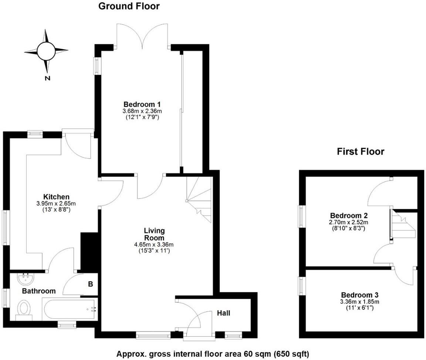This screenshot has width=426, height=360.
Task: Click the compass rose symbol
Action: pyautogui.click(x=46, y=51)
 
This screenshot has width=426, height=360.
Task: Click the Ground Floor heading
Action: pyautogui.click(x=129, y=6)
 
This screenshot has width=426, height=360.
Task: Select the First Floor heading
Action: pyautogui.click(x=360, y=151)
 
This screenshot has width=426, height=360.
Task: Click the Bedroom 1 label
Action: pyautogui.click(x=142, y=104)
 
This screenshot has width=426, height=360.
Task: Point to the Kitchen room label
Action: pyautogui.click(x=56, y=196)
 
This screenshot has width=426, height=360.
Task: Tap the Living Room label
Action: pyautogui.click(x=154, y=234)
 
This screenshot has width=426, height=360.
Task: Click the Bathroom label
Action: pyautogui.click(x=39, y=291)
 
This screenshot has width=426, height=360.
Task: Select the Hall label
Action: pyautogui.click(x=223, y=313)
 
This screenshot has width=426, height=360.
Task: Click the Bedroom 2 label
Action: pyautogui.click(x=349, y=215)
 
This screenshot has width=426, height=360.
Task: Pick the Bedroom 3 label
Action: pyautogui.click(x=360, y=295)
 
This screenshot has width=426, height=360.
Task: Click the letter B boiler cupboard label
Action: pyautogui.click(x=90, y=285)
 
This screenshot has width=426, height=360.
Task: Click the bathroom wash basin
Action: pyautogui.click(x=26, y=277)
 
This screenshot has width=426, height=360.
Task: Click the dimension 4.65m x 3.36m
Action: pyautogui.click(x=154, y=245)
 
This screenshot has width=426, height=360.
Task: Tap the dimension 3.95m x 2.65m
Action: pyautogui.click(x=56, y=203)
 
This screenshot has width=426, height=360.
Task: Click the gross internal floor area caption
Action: pyautogui.click(x=213, y=353)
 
